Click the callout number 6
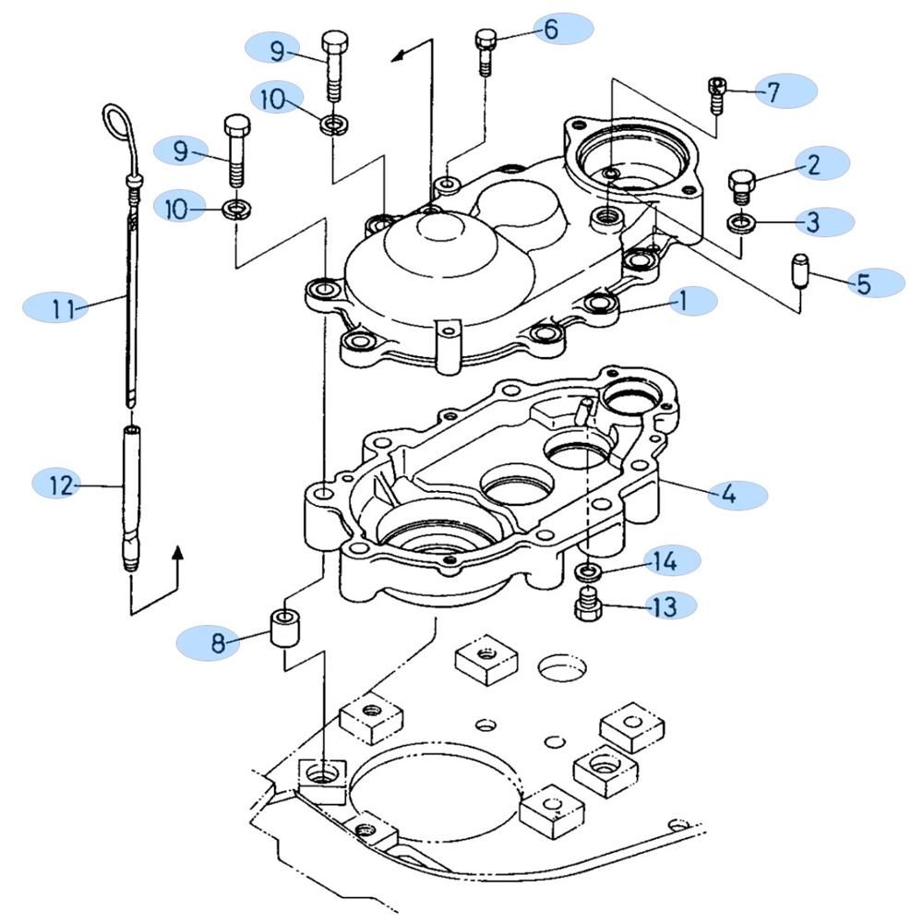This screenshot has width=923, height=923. point(551,29)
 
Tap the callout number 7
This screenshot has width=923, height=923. point(773,91)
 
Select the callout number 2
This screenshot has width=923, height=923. point(813,164)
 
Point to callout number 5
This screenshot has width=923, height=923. point(864,283)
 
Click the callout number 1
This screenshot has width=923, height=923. point(683,302)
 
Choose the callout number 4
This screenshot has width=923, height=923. point(728,493)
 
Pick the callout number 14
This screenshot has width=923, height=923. point(665,561)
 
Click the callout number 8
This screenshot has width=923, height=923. point(219,642)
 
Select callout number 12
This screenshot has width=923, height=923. point(61,485)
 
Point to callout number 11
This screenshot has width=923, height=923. point(63,308)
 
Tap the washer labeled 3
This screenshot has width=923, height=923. point(742,223)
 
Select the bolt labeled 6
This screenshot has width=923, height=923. point(485,52)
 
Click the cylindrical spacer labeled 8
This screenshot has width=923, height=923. point(284,628)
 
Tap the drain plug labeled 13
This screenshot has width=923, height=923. point(588,604)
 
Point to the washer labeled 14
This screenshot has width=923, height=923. point(588,569)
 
